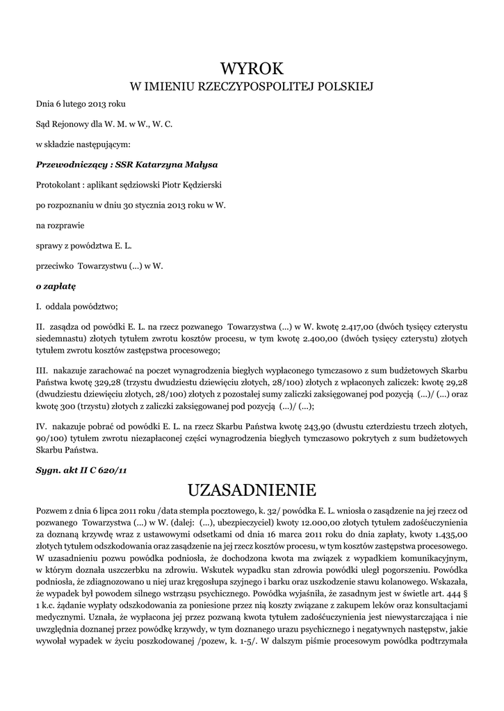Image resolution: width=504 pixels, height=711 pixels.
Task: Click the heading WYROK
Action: tap(252, 69)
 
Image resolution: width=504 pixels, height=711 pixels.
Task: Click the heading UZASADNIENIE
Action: tap(252, 490)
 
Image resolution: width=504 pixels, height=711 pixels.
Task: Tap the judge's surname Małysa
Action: tap(200, 165)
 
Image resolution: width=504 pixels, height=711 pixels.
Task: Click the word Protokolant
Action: tap(58, 184)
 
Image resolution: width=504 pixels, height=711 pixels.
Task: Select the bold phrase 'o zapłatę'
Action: tap(56, 285)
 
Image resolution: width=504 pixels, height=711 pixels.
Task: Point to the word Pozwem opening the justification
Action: tap(52, 510)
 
